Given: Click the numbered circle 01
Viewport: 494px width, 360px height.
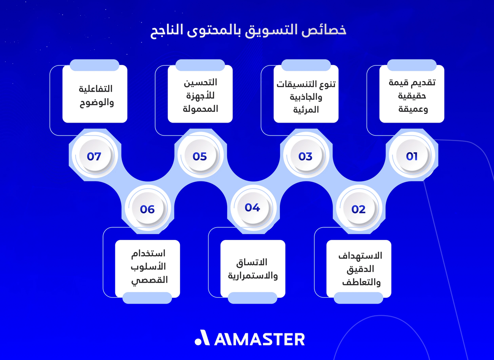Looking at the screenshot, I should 411,156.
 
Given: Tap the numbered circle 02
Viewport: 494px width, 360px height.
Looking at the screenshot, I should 358,209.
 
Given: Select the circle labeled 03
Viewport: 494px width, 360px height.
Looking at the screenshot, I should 305,156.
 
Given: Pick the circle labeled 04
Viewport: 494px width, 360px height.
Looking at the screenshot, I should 252,208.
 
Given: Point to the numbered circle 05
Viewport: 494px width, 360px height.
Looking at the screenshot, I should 200,156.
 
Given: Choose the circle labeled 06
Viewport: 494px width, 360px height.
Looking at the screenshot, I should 147,209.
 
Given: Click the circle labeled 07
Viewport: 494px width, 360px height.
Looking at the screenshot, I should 94,156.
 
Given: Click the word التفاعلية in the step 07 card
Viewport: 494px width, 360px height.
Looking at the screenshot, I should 95,89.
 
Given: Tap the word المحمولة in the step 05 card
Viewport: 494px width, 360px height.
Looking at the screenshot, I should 200,109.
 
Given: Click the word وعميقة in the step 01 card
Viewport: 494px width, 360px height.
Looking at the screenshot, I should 412,109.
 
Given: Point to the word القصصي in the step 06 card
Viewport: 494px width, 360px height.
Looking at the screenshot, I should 147,281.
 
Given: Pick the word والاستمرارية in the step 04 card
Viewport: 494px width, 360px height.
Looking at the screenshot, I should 253,275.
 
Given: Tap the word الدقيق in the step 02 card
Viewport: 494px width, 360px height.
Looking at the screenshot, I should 358,269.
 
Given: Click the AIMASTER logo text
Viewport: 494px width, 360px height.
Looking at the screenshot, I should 259,339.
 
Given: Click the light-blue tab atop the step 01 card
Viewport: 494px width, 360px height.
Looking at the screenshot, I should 412,65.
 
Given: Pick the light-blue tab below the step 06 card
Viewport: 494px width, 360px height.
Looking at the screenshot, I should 147,298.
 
